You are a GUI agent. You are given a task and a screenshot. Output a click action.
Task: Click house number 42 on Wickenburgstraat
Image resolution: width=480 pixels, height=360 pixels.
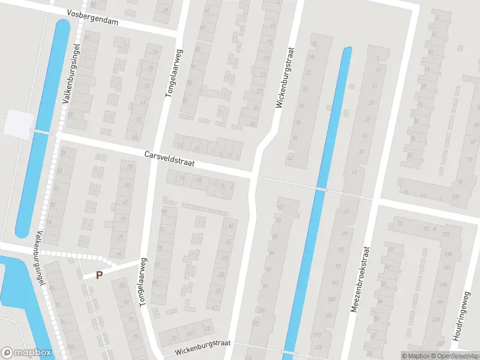coord(290,158)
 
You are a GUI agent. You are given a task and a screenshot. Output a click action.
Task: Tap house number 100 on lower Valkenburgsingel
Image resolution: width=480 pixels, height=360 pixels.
coord(71,347)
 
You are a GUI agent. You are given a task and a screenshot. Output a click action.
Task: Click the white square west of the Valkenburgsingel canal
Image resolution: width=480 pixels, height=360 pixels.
coord(18,124)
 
